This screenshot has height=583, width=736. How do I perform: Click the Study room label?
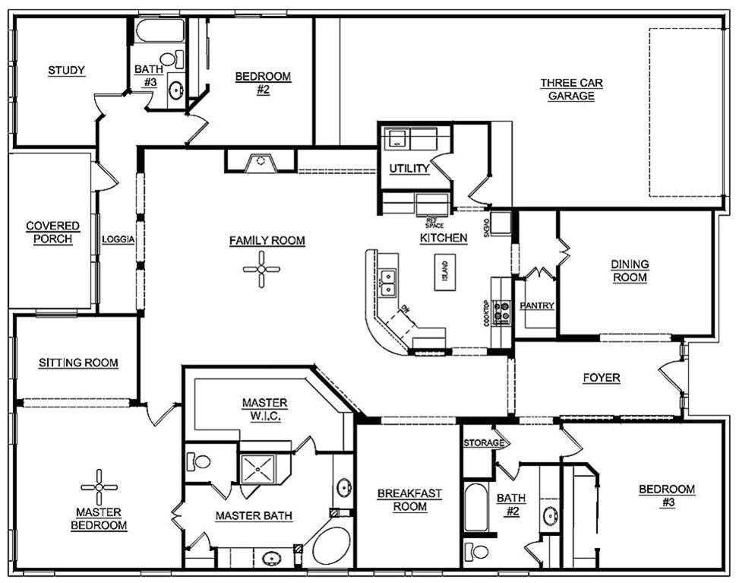click(x=66, y=71)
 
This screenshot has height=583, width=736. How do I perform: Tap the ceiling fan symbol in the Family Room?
click(x=261, y=268)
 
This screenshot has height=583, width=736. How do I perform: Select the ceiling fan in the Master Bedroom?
click(x=100, y=487)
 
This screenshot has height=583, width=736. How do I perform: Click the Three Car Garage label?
click(x=567, y=89)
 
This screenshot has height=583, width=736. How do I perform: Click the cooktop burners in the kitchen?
click(x=502, y=312)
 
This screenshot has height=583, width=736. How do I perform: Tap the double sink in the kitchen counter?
click(x=389, y=281)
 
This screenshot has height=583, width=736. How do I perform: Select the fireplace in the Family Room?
click(x=260, y=161)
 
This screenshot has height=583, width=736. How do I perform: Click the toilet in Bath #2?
click(x=479, y=550)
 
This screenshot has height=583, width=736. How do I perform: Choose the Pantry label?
click(x=536, y=306)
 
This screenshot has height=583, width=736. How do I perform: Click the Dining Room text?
click(x=630, y=271)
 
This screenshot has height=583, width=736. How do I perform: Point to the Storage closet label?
click(x=484, y=442)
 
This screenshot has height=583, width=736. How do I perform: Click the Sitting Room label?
click(x=78, y=363)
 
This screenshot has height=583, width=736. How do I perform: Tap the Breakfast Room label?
click(x=409, y=500)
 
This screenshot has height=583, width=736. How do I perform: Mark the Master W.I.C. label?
click(x=264, y=408)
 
